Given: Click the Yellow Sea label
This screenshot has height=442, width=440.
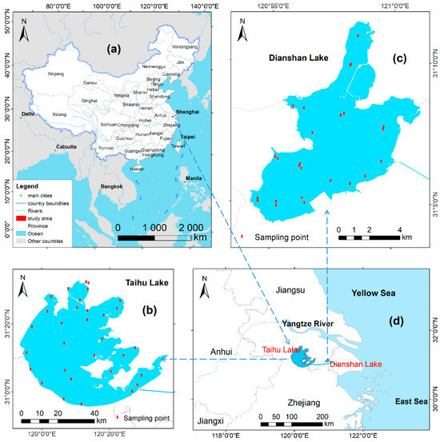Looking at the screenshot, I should point(375,293).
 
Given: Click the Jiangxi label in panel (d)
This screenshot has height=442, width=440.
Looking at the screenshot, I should point(211,420).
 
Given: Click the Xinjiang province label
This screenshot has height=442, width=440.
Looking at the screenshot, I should point(55,74).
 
